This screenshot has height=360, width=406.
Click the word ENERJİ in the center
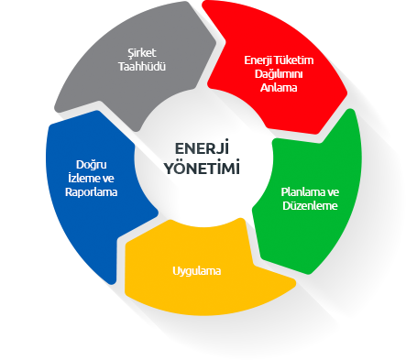[202, 147]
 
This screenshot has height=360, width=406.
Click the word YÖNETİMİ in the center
[202, 167]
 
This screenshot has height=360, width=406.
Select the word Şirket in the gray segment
[142, 53]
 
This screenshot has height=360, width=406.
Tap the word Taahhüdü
[142, 66]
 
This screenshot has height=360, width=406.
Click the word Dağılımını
[279, 74]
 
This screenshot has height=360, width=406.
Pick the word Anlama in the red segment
[279, 88]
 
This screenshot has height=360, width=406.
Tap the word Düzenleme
[310, 205]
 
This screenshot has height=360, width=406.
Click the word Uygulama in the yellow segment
[197, 271]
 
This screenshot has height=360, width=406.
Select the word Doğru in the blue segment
[92, 165]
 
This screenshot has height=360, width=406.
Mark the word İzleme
[82, 178]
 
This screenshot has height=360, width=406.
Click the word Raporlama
[92, 192]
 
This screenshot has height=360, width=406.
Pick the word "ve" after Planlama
[334, 192]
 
